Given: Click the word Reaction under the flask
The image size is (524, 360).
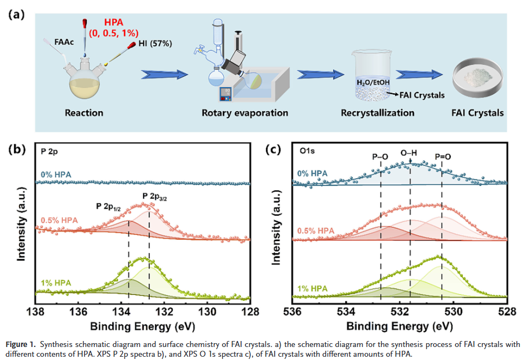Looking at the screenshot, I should tap(84, 113).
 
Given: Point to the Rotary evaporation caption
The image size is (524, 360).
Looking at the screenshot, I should tap(245, 113).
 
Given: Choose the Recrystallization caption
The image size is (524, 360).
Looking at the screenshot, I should tap(378, 113).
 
